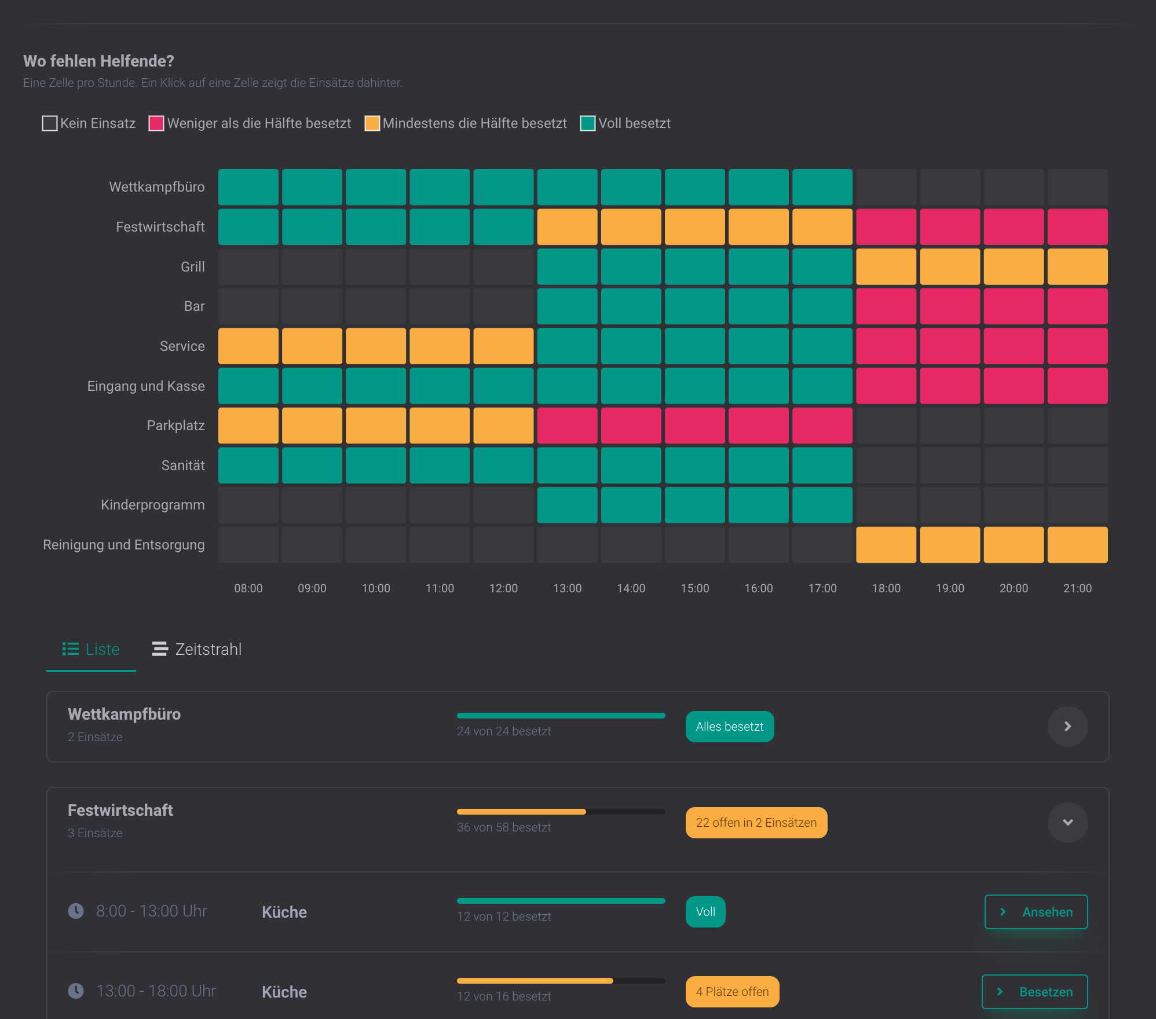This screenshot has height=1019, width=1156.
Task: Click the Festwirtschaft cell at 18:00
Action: [x=886, y=227]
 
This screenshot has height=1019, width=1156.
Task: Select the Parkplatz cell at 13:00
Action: [x=567, y=426]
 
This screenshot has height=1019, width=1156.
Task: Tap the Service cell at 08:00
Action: [x=248, y=346]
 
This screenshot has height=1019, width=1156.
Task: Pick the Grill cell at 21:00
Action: [x=1077, y=266]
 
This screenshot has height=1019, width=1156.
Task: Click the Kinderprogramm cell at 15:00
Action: [x=695, y=505]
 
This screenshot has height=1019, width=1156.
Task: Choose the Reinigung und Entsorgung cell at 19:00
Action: [x=950, y=545]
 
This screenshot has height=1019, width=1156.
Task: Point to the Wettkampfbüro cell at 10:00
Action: [x=376, y=187]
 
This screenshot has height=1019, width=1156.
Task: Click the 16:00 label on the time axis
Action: [x=759, y=588]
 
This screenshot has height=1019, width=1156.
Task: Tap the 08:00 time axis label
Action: [x=248, y=588]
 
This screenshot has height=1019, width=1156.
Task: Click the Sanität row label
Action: [x=183, y=465]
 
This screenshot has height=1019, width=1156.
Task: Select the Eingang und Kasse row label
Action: [x=146, y=386]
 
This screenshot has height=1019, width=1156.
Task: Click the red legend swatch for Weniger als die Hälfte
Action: [x=156, y=123]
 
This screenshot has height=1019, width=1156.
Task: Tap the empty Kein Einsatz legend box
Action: [x=50, y=123]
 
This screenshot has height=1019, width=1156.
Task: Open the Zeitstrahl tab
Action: [x=197, y=649]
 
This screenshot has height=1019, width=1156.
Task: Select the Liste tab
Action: [x=91, y=649]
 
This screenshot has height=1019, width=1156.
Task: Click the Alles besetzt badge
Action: [x=730, y=727]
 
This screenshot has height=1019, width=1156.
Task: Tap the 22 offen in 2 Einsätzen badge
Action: [x=756, y=823]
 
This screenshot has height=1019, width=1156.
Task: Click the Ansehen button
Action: [x=1036, y=912]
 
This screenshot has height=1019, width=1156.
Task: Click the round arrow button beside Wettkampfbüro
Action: [x=1068, y=727]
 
